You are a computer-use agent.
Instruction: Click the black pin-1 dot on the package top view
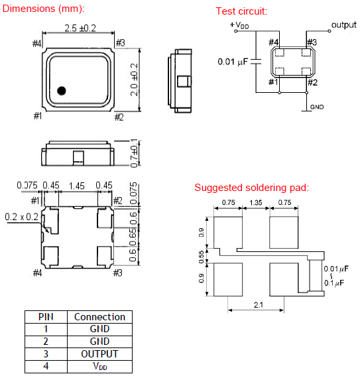pyautogui.click(x=62, y=91)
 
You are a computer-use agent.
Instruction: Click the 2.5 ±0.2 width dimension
pyautogui.click(x=80, y=29)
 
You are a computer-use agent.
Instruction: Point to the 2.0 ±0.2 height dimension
pyautogui.click(x=134, y=80)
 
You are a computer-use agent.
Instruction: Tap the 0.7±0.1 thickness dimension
pyautogui.click(x=134, y=153)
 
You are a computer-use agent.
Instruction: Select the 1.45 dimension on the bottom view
pyautogui.click(x=77, y=186)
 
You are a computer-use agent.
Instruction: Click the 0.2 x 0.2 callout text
pyautogui.click(x=22, y=217)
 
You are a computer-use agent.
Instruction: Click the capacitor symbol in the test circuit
pyautogui.click(x=256, y=62)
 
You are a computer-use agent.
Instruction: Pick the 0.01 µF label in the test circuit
pyautogui.click(x=233, y=62)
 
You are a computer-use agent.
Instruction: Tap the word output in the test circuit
pyautogui.click(x=344, y=25)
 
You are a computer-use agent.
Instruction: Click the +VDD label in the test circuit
pyautogui.click(x=239, y=25)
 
